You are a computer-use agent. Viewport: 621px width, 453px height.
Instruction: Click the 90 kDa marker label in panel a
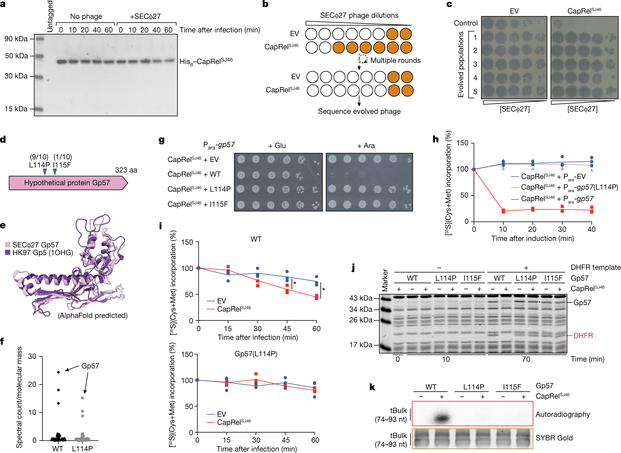point(16,39)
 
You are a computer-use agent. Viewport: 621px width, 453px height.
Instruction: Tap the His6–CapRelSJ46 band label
point(206,62)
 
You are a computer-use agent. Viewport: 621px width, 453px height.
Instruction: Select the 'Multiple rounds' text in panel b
point(395,60)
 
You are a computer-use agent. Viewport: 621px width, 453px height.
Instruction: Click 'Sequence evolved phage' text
point(359,111)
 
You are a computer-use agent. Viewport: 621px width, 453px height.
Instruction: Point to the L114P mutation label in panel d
point(39,165)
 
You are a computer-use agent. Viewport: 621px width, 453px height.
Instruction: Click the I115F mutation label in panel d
point(62,165)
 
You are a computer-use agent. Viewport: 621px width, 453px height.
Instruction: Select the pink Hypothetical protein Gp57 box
point(67,183)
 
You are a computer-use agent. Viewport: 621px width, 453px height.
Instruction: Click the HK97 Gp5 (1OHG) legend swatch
point(8,252)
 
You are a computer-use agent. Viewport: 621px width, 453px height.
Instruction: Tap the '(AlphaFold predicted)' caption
point(93,316)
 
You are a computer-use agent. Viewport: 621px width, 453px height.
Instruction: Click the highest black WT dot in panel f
point(58,372)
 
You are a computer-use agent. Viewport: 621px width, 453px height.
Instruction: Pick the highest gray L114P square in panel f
point(82,398)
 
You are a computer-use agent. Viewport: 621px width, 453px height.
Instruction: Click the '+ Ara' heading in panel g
point(366,146)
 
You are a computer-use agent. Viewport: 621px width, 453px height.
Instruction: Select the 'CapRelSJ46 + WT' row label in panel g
point(194,174)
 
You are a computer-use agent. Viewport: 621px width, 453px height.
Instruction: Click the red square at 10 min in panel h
point(503,211)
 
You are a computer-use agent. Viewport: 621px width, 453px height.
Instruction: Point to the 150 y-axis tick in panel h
point(462,143)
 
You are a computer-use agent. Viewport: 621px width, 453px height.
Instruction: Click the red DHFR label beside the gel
point(583,336)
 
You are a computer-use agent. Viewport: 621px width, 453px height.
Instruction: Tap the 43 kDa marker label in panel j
point(361,298)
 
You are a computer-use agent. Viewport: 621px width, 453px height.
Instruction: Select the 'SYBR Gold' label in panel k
point(554,438)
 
